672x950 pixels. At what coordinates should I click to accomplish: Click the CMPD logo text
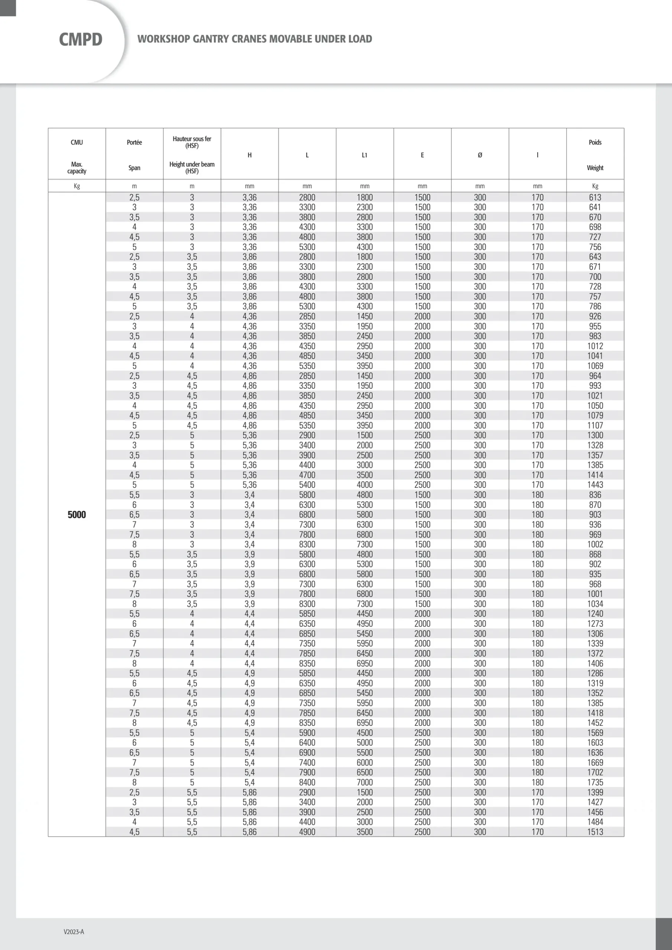click(x=81, y=40)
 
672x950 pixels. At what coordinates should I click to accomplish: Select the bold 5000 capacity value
click(x=76, y=515)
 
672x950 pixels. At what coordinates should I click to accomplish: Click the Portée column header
click(x=134, y=142)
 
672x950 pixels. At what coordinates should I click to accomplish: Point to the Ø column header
click(x=480, y=155)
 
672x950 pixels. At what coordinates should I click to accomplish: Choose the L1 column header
click(x=364, y=155)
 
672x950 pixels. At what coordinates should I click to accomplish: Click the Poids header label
click(x=595, y=142)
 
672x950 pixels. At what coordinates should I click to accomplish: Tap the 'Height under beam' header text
click(x=192, y=164)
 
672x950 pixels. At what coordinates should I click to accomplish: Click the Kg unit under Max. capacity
click(x=76, y=186)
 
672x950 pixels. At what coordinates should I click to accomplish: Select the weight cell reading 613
click(x=595, y=197)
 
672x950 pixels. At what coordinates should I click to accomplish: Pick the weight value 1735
click(x=595, y=782)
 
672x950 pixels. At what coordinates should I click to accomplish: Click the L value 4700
click(x=307, y=475)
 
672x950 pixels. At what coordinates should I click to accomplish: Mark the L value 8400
click(x=307, y=782)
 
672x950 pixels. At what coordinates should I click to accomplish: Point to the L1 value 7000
click(x=364, y=782)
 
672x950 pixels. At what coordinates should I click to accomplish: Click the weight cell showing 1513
click(x=595, y=832)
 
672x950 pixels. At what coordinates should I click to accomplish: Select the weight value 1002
click(x=595, y=544)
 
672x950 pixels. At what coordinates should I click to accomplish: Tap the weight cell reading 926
click(x=595, y=316)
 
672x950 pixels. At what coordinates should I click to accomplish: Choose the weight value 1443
click(x=595, y=485)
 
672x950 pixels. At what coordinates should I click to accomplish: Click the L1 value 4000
click(x=364, y=485)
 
